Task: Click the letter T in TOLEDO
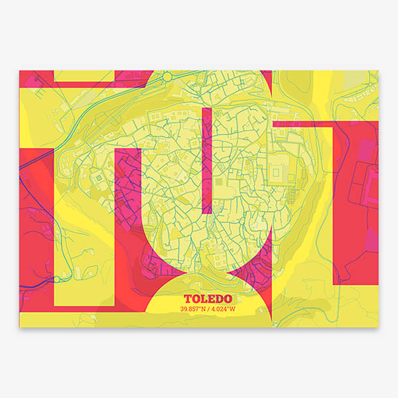[187, 299]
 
